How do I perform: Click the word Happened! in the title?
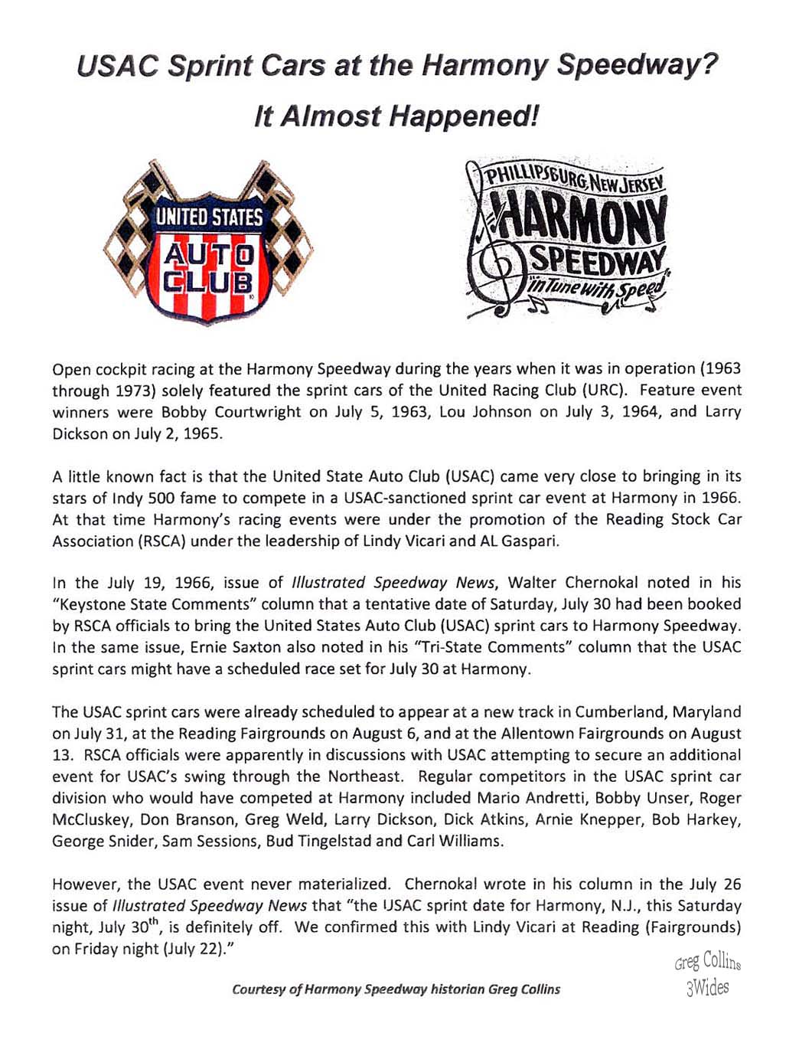[463, 116]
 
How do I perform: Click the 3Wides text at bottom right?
[708, 988]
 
